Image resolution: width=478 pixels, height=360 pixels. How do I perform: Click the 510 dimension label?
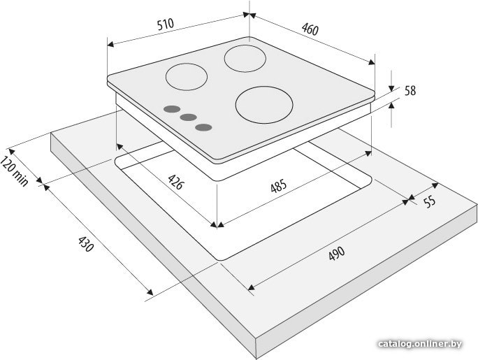(x=166, y=24)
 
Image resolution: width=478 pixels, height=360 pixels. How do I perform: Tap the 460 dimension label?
(x=310, y=29)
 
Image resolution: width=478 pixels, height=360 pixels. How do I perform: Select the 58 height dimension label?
(x=410, y=91)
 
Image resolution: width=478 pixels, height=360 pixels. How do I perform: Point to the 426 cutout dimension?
(x=176, y=182)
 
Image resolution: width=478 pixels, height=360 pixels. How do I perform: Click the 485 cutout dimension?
(x=279, y=186)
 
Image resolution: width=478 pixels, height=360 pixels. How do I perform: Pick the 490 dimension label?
(x=337, y=253)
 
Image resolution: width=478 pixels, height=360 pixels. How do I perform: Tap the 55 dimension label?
(x=430, y=201)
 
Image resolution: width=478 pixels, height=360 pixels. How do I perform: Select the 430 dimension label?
(x=85, y=244)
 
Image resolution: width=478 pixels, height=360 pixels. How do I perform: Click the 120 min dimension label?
(x=14, y=171)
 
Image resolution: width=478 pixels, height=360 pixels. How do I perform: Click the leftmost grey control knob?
(x=172, y=109)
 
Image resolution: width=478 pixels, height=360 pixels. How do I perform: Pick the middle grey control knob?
(x=188, y=117)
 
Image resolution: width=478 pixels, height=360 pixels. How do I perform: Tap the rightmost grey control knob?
(x=203, y=127)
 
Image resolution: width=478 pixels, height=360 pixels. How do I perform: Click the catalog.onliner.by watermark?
(x=420, y=344)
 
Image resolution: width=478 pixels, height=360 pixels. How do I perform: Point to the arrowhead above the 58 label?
(x=391, y=88)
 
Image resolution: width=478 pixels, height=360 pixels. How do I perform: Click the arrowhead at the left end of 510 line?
(x=111, y=45)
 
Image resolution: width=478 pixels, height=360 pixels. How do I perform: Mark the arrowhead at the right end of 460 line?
(x=371, y=62)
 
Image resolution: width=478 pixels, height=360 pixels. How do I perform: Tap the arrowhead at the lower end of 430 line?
(x=150, y=292)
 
